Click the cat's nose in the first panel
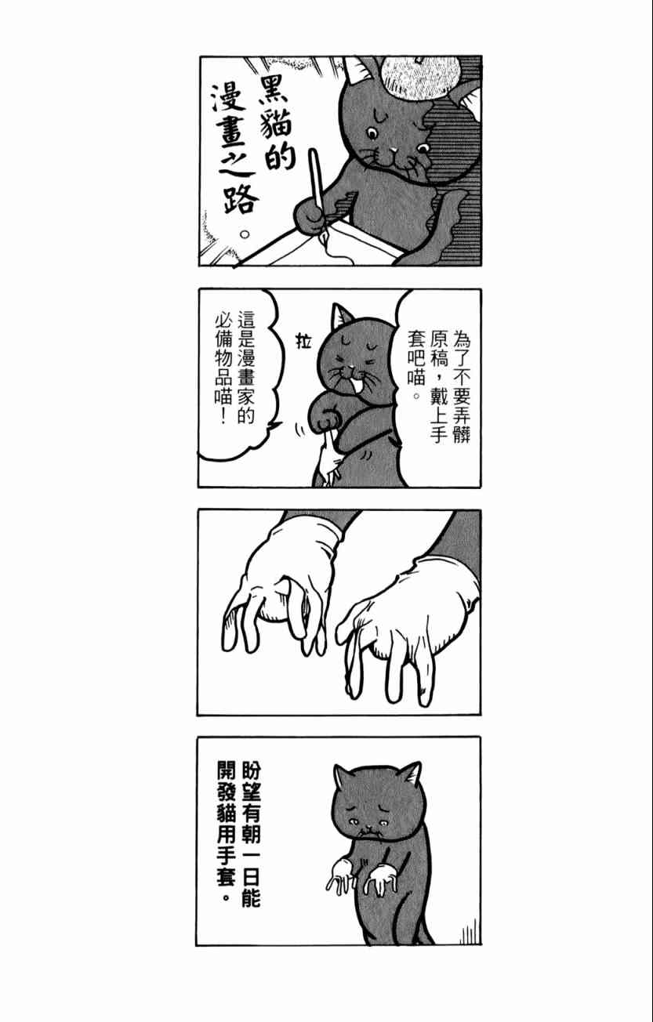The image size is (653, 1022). click(x=393, y=149)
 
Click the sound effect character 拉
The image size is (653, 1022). click(x=303, y=341)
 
